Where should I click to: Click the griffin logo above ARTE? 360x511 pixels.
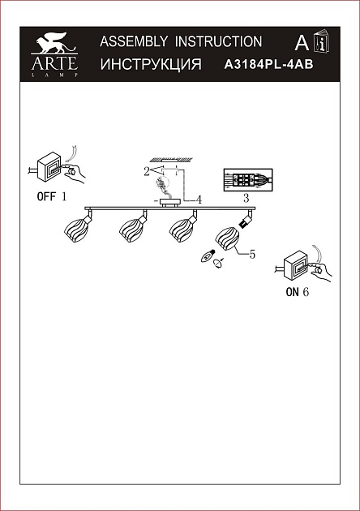coord(55,42)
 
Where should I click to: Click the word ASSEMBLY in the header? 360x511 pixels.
coord(134,41)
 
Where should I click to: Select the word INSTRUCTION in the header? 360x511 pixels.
coord(218,41)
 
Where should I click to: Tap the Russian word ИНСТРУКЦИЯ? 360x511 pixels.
coord(151,64)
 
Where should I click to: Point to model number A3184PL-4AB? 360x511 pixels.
coord(268,64)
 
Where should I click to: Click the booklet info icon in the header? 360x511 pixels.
coord(321,41)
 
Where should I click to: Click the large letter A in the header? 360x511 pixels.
coord(302,43)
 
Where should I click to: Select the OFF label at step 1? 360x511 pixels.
coord(46,196)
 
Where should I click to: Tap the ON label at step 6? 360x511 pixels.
coord(292,292)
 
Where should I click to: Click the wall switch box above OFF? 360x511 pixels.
coord(49,167)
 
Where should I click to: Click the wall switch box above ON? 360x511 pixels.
coord(296,265)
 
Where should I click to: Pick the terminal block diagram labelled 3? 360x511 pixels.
coord(247,180)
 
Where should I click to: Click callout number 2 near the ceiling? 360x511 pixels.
coord(147,171)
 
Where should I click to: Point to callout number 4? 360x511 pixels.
coord(199,200)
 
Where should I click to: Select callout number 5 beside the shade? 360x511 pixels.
coord(252,254)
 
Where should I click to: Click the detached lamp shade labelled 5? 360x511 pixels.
coord(227,239)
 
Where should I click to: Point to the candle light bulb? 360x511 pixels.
coord(208,256)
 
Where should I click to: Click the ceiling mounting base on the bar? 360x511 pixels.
coord(169,203)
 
